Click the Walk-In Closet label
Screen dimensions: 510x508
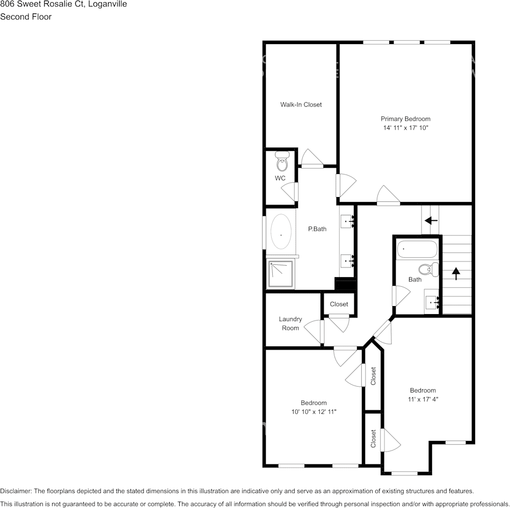(301, 105)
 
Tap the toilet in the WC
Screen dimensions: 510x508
(282, 161)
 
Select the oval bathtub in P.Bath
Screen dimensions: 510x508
(281, 231)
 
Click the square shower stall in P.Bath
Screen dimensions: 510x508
(281, 274)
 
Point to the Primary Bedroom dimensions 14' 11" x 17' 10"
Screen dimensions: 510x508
(405, 128)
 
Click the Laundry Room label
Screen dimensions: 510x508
(290, 323)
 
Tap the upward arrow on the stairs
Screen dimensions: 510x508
(456, 273)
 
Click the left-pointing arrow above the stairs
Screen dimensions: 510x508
(431, 221)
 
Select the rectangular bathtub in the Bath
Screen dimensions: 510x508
(417, 250)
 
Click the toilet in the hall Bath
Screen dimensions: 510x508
(428, 270)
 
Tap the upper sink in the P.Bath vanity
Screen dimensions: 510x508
(347, 221)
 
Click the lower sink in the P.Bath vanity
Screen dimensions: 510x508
(347, 261)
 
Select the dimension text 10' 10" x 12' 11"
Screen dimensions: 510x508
(314, 412)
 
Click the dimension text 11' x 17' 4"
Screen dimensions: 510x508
(423, 400)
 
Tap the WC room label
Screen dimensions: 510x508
(280, 178)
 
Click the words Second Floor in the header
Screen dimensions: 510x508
(26, 17)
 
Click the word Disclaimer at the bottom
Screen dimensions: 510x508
(16, 491)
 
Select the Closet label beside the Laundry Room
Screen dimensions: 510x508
(339, 304)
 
